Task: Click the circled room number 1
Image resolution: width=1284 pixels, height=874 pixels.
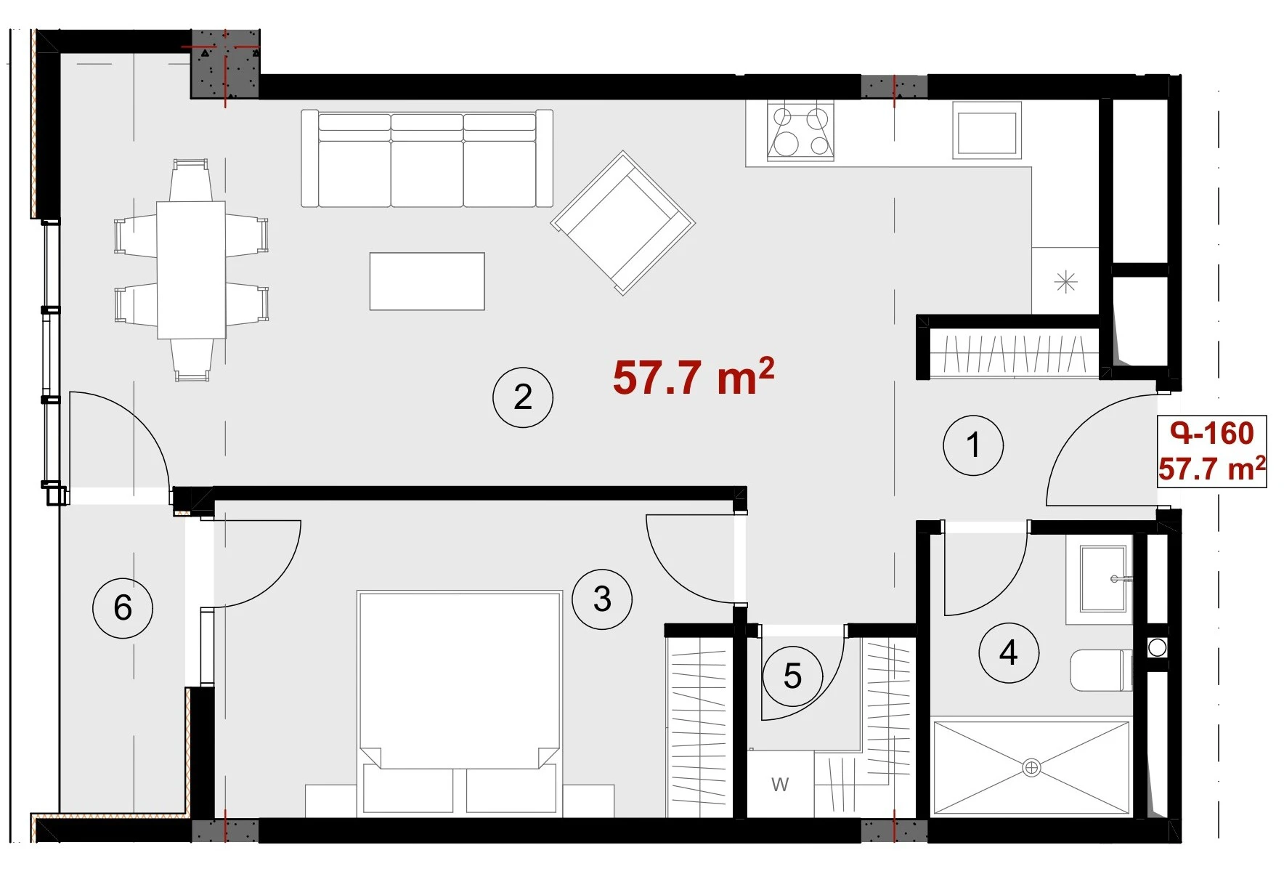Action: coord(973,445)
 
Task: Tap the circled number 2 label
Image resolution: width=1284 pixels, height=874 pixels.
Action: coord(523,397)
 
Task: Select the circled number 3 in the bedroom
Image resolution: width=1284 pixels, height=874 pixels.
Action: coord(602,599)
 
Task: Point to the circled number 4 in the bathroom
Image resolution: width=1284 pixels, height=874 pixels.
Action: coord(1009,652)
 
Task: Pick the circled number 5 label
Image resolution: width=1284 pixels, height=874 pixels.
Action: coord(792,676)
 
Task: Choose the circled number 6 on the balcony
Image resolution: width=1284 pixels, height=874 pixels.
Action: coord(123,607)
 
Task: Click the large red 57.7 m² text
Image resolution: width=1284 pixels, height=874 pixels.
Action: coord(694,376)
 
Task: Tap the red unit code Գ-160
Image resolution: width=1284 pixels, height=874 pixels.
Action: coord(1212,434)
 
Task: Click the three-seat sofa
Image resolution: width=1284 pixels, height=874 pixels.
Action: coord(427,158)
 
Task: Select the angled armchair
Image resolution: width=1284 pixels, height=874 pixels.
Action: coord(623,222)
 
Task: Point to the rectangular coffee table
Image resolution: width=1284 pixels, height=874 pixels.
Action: coord(427,281)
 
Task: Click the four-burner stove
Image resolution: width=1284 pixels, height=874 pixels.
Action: coord(800,131)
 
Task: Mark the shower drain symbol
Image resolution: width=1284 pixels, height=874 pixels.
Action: coord(1031,767)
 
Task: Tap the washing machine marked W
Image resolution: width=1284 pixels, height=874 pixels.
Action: coord(781,785)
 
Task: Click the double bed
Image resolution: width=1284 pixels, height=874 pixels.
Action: coord(459,703)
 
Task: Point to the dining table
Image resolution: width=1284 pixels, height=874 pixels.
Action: coord(192,270)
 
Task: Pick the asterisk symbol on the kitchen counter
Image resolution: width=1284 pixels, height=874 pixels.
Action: coord(1065,281)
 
